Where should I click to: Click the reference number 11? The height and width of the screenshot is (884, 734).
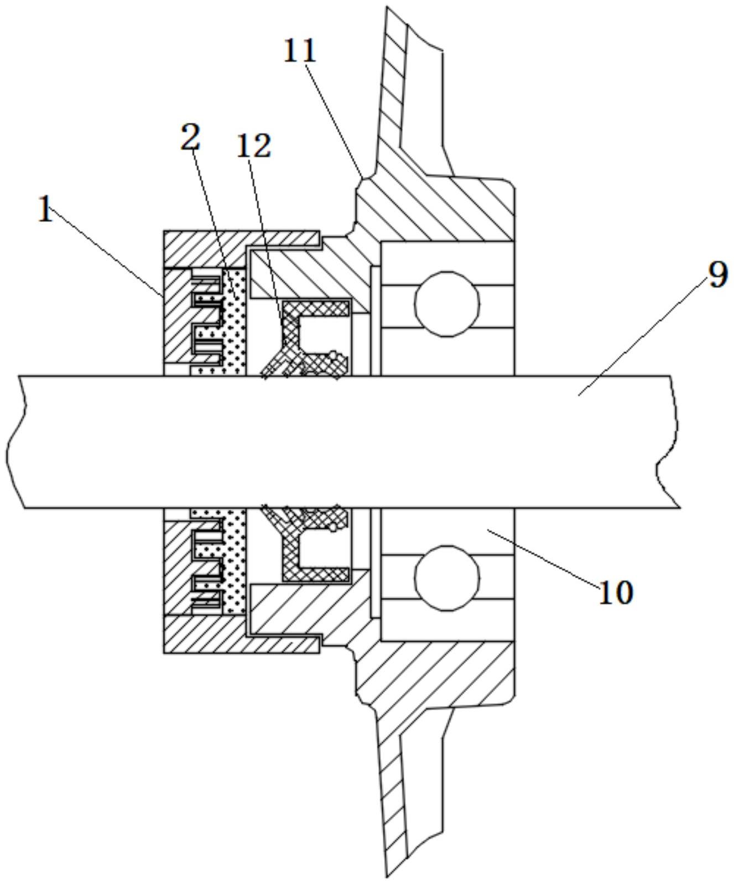(x=300, y=51)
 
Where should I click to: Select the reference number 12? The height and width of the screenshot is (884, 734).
(x=254, y=146)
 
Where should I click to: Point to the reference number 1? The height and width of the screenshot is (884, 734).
(x=46, y=210)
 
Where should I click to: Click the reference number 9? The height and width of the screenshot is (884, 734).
(x=717, y=274)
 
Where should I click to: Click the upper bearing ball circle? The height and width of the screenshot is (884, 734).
(x=447, y=303)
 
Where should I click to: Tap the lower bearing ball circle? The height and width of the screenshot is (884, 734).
(x=446, y=578)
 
